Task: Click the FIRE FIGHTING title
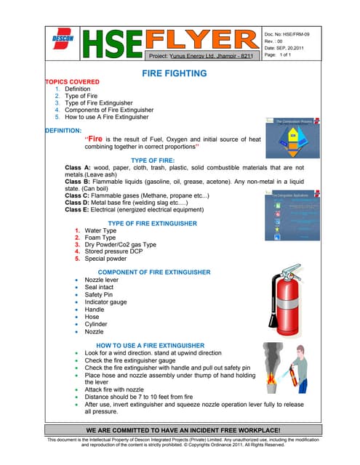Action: coord(180,73)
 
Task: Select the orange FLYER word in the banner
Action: coord(198,39)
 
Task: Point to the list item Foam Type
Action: coord(105,238)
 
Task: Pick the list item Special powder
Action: coord(110,258)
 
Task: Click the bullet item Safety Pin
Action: coord(99,295)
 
